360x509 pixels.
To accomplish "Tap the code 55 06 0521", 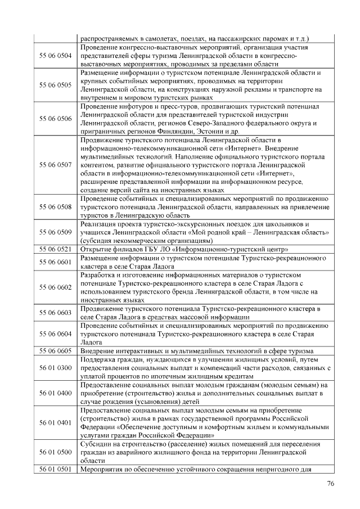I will pos(55,249).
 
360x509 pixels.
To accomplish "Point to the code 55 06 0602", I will pos(55,287).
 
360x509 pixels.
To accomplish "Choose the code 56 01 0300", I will pos(55,368).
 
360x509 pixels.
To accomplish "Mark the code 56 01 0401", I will pos(55,422).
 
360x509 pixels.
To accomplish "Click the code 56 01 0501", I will pos(55,470).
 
